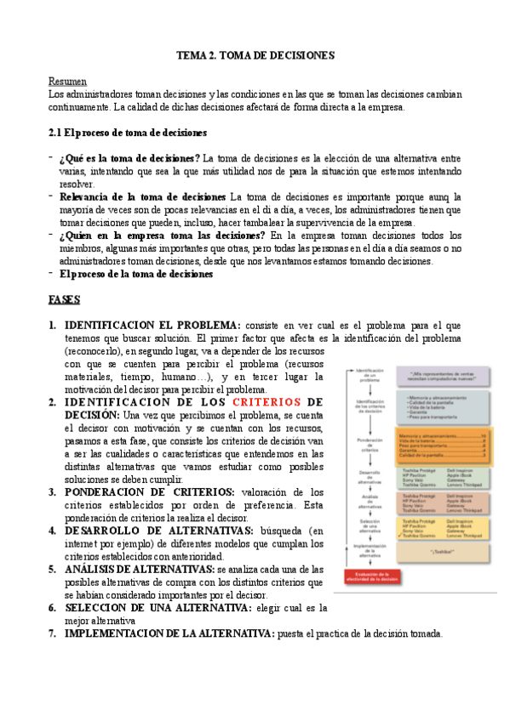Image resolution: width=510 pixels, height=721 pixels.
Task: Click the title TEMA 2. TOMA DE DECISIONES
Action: (x=255, y=55)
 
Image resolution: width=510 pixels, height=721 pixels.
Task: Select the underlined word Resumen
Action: (x=67, y=81)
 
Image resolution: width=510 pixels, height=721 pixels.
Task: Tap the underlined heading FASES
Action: (x=65, y=300)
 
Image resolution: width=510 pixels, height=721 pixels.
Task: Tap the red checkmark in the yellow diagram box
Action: (x=400, y=536)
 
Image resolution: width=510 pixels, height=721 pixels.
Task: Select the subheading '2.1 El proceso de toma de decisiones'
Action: (x=129, y=133)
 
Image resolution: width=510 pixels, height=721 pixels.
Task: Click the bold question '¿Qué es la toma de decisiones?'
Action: (x=129, y=158)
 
